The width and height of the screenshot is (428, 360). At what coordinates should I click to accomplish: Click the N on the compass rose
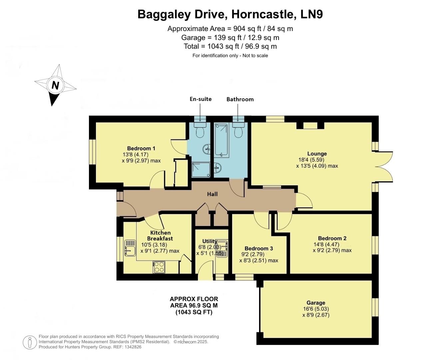55,85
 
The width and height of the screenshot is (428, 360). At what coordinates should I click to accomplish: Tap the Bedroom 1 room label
141,148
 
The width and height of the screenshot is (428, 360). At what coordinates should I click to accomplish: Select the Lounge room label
317,154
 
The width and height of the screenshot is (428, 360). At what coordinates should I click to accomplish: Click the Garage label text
316,303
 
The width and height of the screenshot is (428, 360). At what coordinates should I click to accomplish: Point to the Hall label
212,194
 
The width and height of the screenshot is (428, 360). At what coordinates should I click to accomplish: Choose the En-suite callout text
201,99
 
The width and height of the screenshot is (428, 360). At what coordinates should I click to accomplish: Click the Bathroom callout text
240,99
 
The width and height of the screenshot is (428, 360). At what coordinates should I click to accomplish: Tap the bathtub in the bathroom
221,140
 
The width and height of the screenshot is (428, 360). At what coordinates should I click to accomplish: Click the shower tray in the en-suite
201,169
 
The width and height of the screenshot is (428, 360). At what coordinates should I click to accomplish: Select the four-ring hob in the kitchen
159,267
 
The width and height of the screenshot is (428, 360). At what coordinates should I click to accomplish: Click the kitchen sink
130,248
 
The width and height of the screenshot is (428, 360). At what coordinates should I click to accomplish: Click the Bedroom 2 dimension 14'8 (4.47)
326,244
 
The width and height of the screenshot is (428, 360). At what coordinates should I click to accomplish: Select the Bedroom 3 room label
259,248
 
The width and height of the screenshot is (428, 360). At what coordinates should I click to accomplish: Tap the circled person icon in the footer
30,342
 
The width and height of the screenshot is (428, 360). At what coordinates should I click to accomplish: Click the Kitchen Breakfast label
160,236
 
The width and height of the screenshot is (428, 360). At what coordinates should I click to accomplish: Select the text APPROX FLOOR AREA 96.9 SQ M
194,302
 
